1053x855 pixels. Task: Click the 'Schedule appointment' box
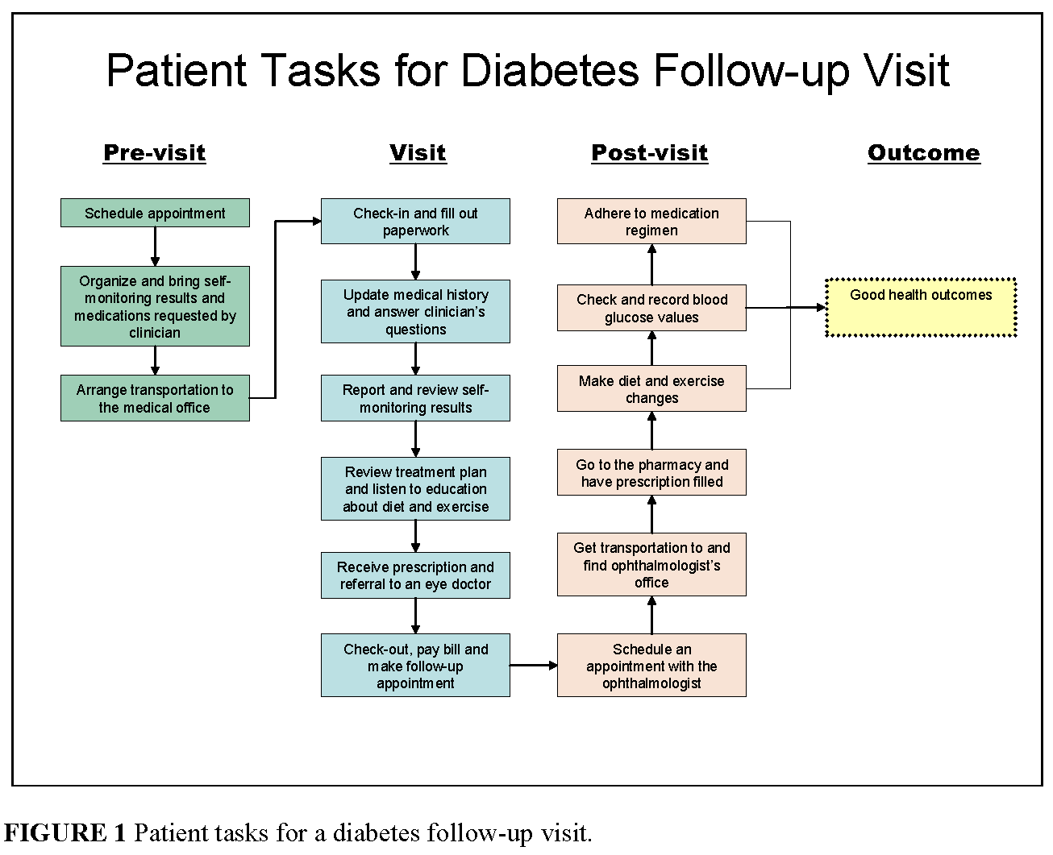155,213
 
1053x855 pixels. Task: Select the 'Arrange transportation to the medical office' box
155,398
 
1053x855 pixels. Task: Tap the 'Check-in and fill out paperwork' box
415,221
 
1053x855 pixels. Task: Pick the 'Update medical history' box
415,311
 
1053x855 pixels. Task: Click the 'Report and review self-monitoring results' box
415,398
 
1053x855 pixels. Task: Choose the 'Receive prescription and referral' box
415,575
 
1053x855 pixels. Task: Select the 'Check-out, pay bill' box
415,665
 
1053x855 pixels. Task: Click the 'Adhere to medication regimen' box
651,221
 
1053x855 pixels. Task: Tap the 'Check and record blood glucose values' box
651,308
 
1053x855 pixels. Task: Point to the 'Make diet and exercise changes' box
651,388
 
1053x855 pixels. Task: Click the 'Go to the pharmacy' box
651,472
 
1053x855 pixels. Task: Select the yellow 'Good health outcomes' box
921,307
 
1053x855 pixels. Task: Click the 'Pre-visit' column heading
155,152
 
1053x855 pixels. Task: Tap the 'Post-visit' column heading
650,152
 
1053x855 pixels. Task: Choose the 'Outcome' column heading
923,152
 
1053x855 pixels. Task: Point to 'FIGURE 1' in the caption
65,832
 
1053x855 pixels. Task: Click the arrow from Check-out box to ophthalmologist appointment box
533,665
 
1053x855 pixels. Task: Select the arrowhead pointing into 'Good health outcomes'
821,307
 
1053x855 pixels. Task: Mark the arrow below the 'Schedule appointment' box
155,247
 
